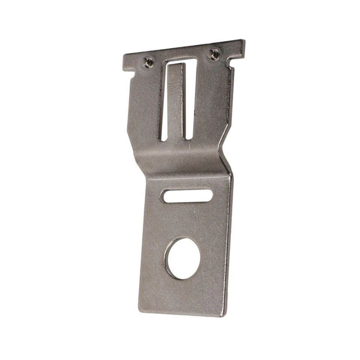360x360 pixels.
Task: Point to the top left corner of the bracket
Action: (x=124, y=57)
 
